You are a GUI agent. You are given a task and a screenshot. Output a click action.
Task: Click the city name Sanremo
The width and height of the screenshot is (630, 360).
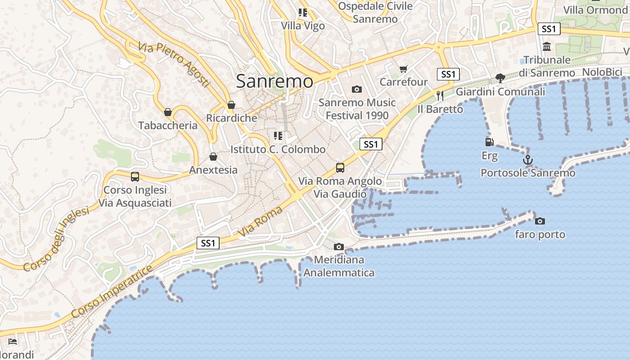(x=274, y=81)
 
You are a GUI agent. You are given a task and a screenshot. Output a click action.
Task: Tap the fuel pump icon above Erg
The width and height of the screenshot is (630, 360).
(x=490, y=142)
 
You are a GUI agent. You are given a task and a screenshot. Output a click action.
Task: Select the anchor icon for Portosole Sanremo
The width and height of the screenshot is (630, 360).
(x=527, y=160)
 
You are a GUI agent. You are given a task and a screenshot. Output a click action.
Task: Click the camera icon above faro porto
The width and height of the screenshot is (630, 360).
(x=540, y=221)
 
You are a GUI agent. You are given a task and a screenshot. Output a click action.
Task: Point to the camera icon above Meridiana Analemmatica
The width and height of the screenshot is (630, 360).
(x=339, y=247)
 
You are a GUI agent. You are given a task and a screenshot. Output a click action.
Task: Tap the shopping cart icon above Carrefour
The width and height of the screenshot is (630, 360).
(x=403, y=69)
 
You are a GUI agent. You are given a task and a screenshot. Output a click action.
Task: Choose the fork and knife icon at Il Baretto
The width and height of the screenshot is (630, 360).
(x=440, y=95)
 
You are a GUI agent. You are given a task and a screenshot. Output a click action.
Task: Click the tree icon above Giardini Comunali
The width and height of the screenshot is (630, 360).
(x=500, y=78)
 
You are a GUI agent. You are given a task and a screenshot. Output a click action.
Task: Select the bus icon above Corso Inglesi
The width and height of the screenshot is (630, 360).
(x=135, y=176)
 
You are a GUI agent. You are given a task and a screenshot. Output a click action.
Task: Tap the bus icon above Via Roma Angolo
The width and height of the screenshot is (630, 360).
(x=340, y=168)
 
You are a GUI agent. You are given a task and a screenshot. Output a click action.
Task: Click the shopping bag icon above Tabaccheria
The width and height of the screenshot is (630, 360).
(x=168, y=112)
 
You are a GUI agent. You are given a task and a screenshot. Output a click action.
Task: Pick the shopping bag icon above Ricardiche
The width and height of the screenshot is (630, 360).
(x=231, y=105)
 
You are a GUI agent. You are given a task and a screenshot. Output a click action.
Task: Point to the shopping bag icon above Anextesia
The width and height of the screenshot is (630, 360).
(x=213, y=157)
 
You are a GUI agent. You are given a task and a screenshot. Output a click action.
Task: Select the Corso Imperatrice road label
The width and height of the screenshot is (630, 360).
(x=113, y=292)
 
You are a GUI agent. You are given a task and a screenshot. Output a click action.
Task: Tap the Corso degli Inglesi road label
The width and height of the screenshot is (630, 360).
(x=56, y=239)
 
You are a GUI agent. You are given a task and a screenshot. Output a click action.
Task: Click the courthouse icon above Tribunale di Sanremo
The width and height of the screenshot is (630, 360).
(x=547, y=46)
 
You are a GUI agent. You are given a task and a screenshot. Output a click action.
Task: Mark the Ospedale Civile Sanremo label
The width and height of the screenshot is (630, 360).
(x=375, y=13)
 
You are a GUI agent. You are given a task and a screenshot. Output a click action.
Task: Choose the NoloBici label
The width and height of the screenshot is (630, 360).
(x=602, y=72)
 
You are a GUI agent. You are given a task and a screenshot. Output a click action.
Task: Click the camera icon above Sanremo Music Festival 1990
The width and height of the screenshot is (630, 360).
(x=357, y=89)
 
